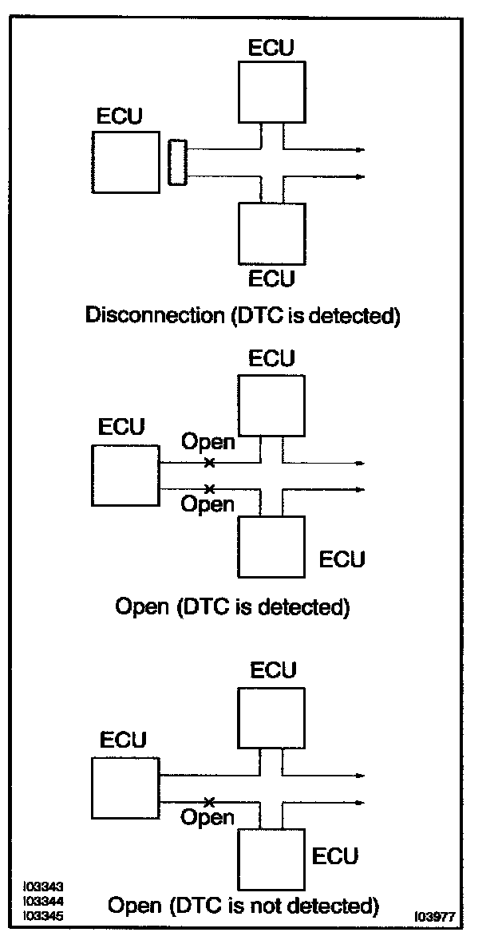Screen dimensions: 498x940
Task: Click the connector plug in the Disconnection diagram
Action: pos(177,162)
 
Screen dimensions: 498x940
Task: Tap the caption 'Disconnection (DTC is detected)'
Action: pos(242,315)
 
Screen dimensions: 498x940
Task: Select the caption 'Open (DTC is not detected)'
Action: pos(243,905)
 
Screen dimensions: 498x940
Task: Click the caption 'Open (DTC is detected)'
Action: pos(232,606)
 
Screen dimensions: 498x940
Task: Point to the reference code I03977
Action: pos(436,917)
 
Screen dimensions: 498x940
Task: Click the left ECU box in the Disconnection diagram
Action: pos(126,163)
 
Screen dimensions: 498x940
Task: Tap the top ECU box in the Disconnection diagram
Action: pos(271,92)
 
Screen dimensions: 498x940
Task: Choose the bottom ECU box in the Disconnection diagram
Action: pos(271,233)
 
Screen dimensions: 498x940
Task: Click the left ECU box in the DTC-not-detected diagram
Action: pos(126,788)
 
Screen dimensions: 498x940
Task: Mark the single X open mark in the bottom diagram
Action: pos(209,801)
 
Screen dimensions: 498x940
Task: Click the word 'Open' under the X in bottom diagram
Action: pos(207,816)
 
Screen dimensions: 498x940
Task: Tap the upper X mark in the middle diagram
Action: pos(209,462)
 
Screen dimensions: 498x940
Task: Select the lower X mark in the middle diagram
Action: pos(209,488)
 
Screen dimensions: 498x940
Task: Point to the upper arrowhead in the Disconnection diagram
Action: pos(360,150)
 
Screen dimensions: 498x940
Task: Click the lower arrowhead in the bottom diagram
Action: pos(360,802)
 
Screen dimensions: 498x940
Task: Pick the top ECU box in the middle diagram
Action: pos(271,405)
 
